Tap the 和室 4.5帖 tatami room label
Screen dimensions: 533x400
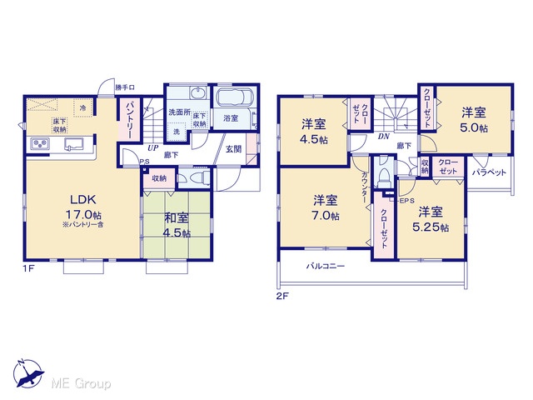177,225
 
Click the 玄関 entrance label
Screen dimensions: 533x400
234,149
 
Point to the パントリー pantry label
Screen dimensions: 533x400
129,119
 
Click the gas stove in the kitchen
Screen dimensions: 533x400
40,144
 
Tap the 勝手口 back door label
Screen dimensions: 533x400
125,87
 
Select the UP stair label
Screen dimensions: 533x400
152,148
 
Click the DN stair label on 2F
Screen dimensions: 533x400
383,137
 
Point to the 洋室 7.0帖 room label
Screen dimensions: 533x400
326,207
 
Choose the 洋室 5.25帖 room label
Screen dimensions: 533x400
431,219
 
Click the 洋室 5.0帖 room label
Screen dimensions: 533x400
474,120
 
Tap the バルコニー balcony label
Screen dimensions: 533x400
326,266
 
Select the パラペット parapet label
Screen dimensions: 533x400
489,172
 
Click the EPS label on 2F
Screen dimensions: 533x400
406,201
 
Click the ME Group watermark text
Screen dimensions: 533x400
81,383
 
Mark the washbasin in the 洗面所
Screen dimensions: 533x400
197,93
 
